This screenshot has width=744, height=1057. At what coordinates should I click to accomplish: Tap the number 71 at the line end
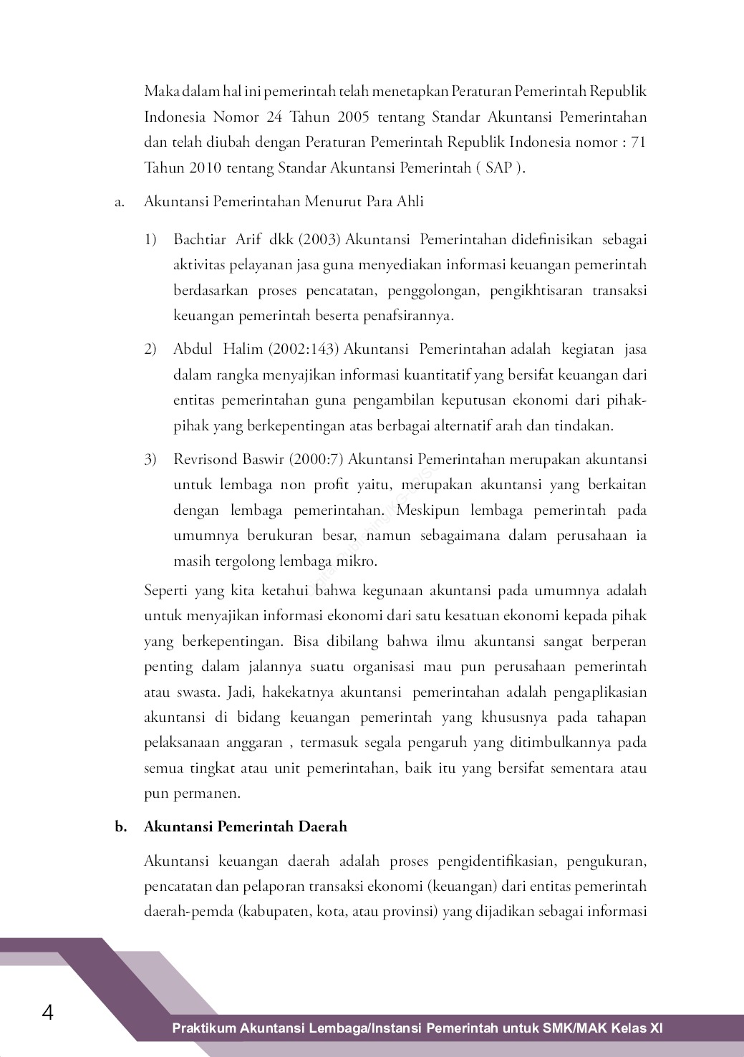638,142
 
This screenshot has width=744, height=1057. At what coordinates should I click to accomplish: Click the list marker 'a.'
120,202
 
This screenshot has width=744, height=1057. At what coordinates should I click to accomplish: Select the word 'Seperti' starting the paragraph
166,591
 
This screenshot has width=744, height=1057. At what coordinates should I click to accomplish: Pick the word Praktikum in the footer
203,1028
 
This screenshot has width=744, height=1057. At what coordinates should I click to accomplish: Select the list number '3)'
150,459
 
